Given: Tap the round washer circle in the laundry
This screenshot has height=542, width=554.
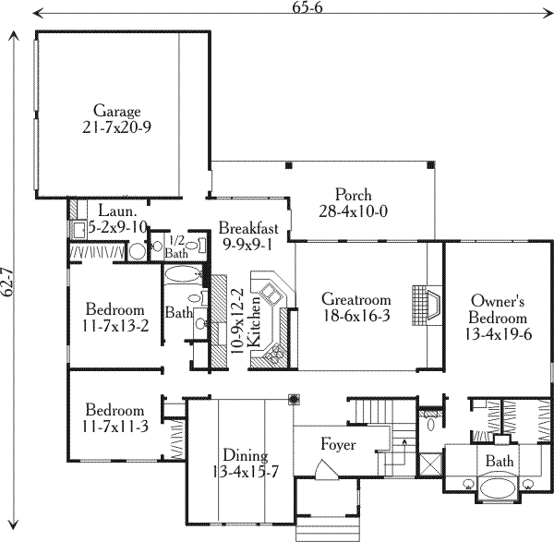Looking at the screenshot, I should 136,248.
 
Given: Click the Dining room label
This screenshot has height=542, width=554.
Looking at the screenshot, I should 245,464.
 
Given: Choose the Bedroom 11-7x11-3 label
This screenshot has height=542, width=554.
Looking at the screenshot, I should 115,418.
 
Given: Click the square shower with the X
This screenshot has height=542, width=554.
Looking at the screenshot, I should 428,461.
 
